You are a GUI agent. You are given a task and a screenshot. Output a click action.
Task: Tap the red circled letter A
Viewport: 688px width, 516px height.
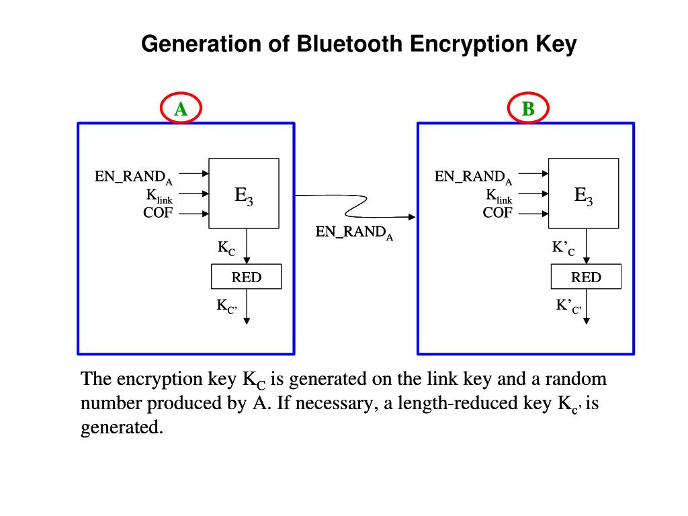(181, 108)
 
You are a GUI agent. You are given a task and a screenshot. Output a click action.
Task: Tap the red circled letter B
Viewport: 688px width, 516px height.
(528, 108)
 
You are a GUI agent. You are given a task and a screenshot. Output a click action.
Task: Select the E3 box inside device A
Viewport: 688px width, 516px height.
(244, 194)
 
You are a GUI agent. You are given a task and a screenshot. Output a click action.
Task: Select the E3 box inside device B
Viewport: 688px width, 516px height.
(583, 194)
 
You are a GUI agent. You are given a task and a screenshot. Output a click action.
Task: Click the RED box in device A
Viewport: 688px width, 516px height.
(246, 277)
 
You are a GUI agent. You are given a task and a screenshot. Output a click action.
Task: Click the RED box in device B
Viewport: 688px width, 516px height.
(586, 277)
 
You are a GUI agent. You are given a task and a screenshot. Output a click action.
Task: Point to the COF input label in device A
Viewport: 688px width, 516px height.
(158, 214)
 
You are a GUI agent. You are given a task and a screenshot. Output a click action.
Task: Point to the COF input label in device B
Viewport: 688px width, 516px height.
(497, 214)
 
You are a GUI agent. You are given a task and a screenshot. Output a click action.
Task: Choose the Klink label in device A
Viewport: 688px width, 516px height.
(159, 196)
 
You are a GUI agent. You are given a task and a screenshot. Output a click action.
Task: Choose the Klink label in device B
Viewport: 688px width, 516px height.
(499, 196)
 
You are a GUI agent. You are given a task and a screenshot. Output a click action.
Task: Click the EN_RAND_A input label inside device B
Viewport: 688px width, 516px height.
(473, 177)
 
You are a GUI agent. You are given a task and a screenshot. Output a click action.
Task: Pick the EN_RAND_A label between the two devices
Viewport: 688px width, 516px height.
(354, 232)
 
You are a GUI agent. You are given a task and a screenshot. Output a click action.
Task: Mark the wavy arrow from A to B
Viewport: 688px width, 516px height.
(356, 206)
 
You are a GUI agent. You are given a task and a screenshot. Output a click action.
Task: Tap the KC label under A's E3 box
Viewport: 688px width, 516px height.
(226, 248)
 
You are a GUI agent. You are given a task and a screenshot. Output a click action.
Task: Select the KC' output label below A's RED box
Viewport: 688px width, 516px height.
(226, 306)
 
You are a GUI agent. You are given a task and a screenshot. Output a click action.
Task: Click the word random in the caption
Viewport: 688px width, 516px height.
(576, 380)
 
